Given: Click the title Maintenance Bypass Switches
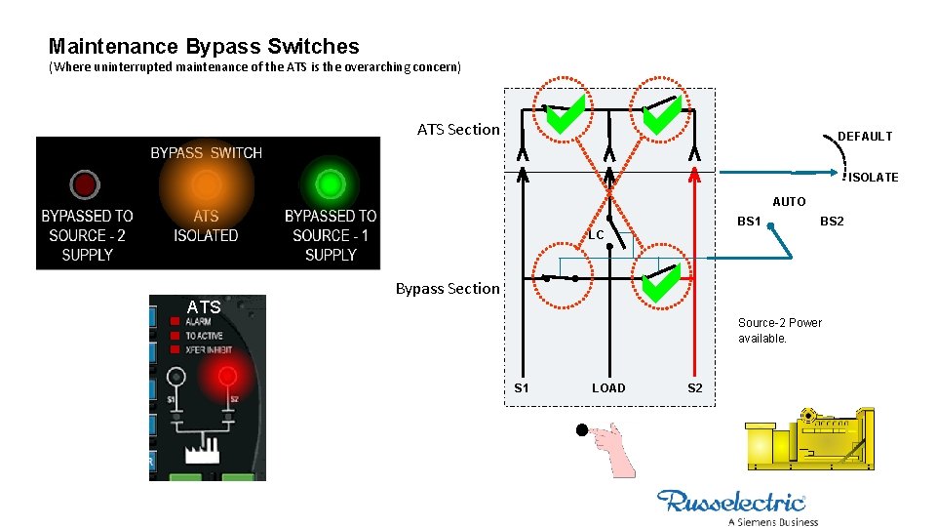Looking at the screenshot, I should click(x=204, y=46).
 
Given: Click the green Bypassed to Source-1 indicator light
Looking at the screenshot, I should click(x=330, y=183).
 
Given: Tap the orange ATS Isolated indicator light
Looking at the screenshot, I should click(x=206, y=183).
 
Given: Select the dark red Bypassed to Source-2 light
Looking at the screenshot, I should click(x=85, y=183).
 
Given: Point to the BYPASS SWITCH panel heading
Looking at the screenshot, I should click(x=206, y=152).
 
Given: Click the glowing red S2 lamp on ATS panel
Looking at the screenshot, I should click(x=227, y=376).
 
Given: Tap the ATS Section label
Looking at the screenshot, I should click(x=458, y=129).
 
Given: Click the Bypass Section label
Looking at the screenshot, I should click(x=448, y=288).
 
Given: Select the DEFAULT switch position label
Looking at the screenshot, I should click(x=865, y=137).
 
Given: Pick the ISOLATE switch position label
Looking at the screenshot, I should click(x=873, y=178).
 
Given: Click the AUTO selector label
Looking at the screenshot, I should click(x=789, y=202).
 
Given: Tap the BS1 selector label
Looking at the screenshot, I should click(x=749, y=222).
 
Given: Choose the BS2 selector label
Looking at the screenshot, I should click(x=832, y=222).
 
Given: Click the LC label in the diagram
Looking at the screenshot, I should click(x=596, y=235).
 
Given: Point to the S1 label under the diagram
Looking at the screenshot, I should click(x=522, y=388).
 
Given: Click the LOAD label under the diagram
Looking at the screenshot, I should click(x=608, y=388).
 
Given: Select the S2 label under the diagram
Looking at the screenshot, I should click(x=694, y=388).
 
